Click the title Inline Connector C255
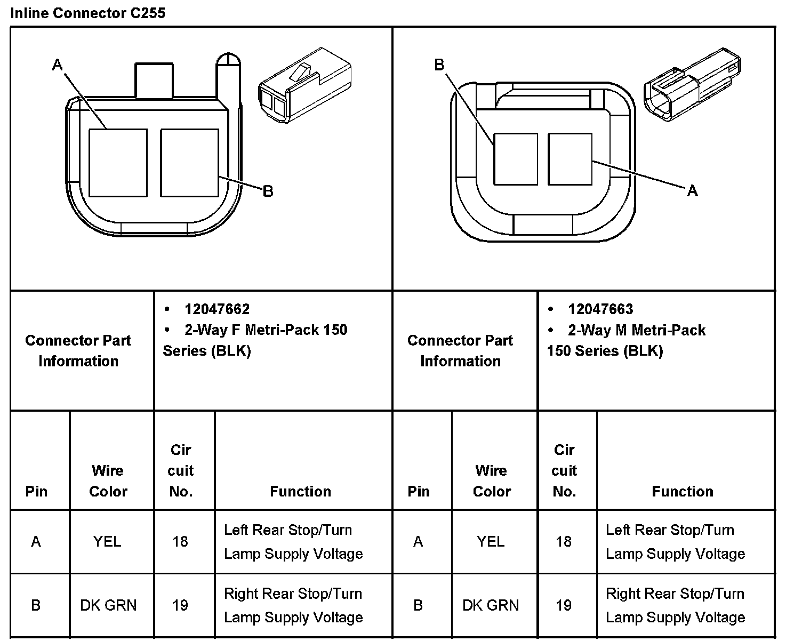point(87,13)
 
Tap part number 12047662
point(217,309)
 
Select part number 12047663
point(600,309)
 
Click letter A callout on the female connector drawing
point(58,65)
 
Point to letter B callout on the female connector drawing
point(268,191)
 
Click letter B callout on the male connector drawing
point(439,65)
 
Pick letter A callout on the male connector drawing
point(693,191)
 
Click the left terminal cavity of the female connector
point(118,163)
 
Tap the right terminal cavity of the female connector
point(190,163)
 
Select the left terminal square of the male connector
point(516,159)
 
